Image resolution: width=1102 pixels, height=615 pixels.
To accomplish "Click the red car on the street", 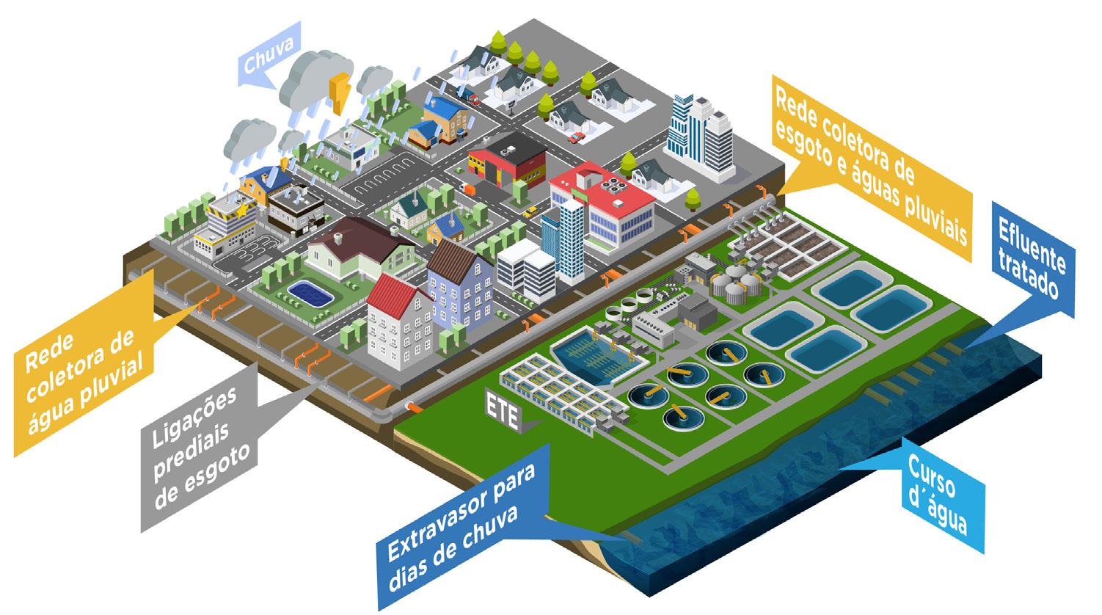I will (x=577, y=137).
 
